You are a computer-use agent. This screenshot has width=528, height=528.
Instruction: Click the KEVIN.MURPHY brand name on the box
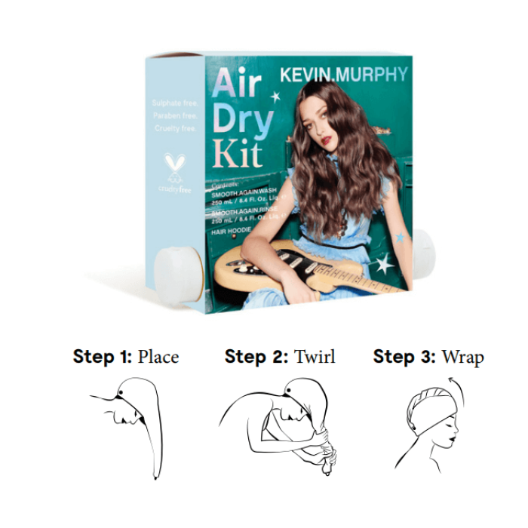(342, 74)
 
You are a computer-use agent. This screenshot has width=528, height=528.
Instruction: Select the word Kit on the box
(237, 153)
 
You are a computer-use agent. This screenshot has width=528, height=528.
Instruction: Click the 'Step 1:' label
(103, 356)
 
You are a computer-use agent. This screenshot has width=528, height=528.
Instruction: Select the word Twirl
(315, 356)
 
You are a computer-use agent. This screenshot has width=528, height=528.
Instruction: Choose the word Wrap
(463, 356)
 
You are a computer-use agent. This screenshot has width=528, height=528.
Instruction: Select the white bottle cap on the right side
(424, 253)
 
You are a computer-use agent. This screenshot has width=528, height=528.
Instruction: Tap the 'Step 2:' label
(256, 356)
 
